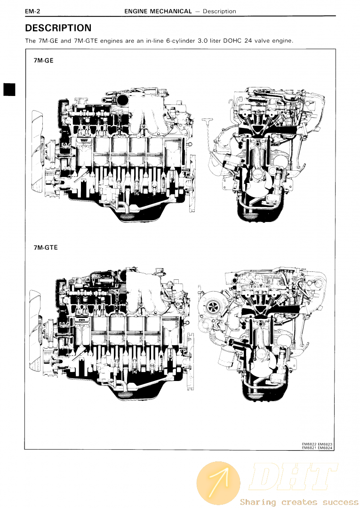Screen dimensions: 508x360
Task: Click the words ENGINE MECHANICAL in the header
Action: pos(158,11)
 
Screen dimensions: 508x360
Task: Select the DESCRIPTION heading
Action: pos(58,28)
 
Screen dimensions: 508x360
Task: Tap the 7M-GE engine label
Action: pos(43,60)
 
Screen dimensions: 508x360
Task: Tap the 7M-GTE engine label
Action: pos(46,247)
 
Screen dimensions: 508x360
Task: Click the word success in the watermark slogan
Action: pos(339,502)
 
